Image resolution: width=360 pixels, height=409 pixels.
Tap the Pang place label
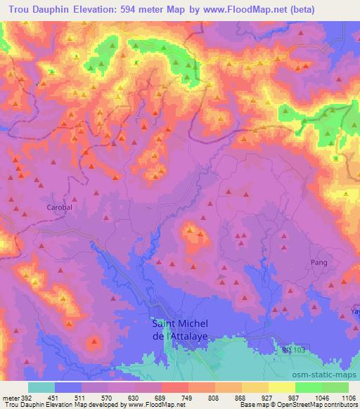point(319,262)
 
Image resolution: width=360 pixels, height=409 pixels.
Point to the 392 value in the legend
point(25,397)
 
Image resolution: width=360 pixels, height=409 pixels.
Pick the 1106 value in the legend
point(348,397)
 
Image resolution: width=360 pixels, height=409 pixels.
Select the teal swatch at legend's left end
point(41,387)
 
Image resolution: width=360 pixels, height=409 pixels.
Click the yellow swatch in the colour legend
point(281,387)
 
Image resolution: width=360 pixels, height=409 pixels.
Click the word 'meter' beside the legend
point(11,397)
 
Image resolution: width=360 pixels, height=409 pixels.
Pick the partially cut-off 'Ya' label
point(354,311)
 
